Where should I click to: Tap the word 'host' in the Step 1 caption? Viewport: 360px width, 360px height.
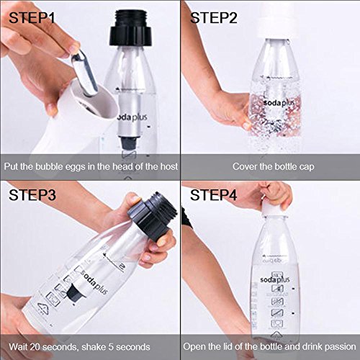[160, 166]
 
